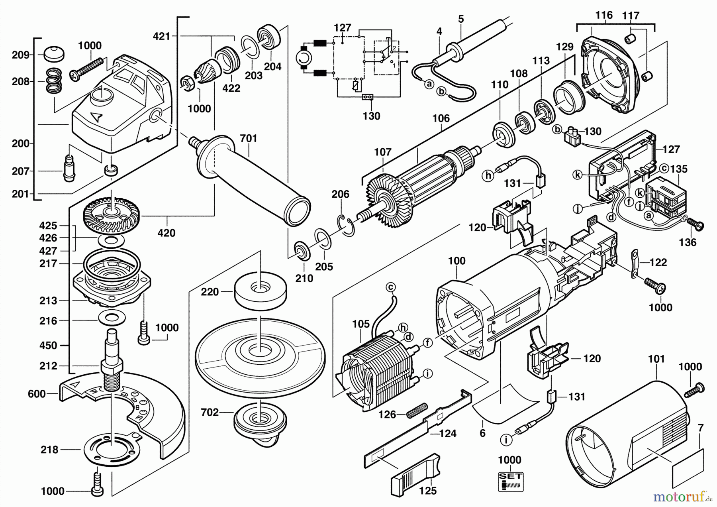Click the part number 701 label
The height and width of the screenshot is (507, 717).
click(x=249, y=139)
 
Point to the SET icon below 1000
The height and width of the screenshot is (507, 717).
click(x=511, y=482)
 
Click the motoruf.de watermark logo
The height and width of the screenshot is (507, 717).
click(x=681, y=496)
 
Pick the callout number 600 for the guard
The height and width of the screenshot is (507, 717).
click(x=37, y=394)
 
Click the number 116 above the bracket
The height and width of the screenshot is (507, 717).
click(x=604, y=15)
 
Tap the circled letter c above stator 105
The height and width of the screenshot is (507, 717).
click(x=391, y=287)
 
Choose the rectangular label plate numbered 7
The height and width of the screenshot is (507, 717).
click(x=688, y=469)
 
